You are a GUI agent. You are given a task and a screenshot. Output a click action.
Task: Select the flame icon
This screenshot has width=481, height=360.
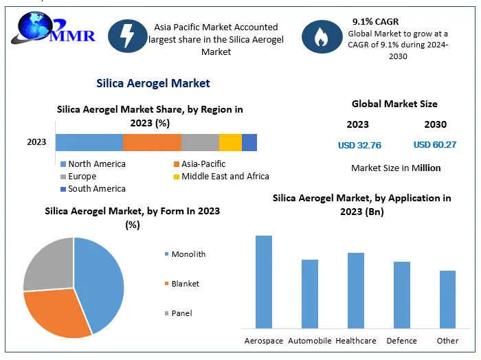coord(322,37)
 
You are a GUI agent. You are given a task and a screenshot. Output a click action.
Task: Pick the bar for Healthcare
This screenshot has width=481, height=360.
coord(356,291)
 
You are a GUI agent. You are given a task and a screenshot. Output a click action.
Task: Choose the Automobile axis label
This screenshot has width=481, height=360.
coord(309,341)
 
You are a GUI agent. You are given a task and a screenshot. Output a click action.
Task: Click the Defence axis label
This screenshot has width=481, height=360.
coord(401,341)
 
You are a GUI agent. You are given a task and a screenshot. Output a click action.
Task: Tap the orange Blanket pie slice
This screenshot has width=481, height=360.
coord(58,313)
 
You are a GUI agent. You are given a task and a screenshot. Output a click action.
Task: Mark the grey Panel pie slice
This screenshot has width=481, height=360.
coord(48,265)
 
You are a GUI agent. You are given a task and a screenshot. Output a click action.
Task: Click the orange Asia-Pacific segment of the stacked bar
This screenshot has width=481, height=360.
coord(152,142)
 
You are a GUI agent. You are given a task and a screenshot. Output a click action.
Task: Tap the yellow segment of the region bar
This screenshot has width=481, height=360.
coord(230,142)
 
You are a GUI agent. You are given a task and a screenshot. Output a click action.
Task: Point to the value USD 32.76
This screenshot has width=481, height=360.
coord(359,145)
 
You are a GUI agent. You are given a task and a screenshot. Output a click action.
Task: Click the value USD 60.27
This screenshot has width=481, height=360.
coord(435,145)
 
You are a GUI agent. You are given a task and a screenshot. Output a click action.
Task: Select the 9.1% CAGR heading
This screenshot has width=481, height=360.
coord(375,22)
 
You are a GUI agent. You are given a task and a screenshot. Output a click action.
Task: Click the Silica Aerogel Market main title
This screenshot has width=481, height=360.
coord(153,83)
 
